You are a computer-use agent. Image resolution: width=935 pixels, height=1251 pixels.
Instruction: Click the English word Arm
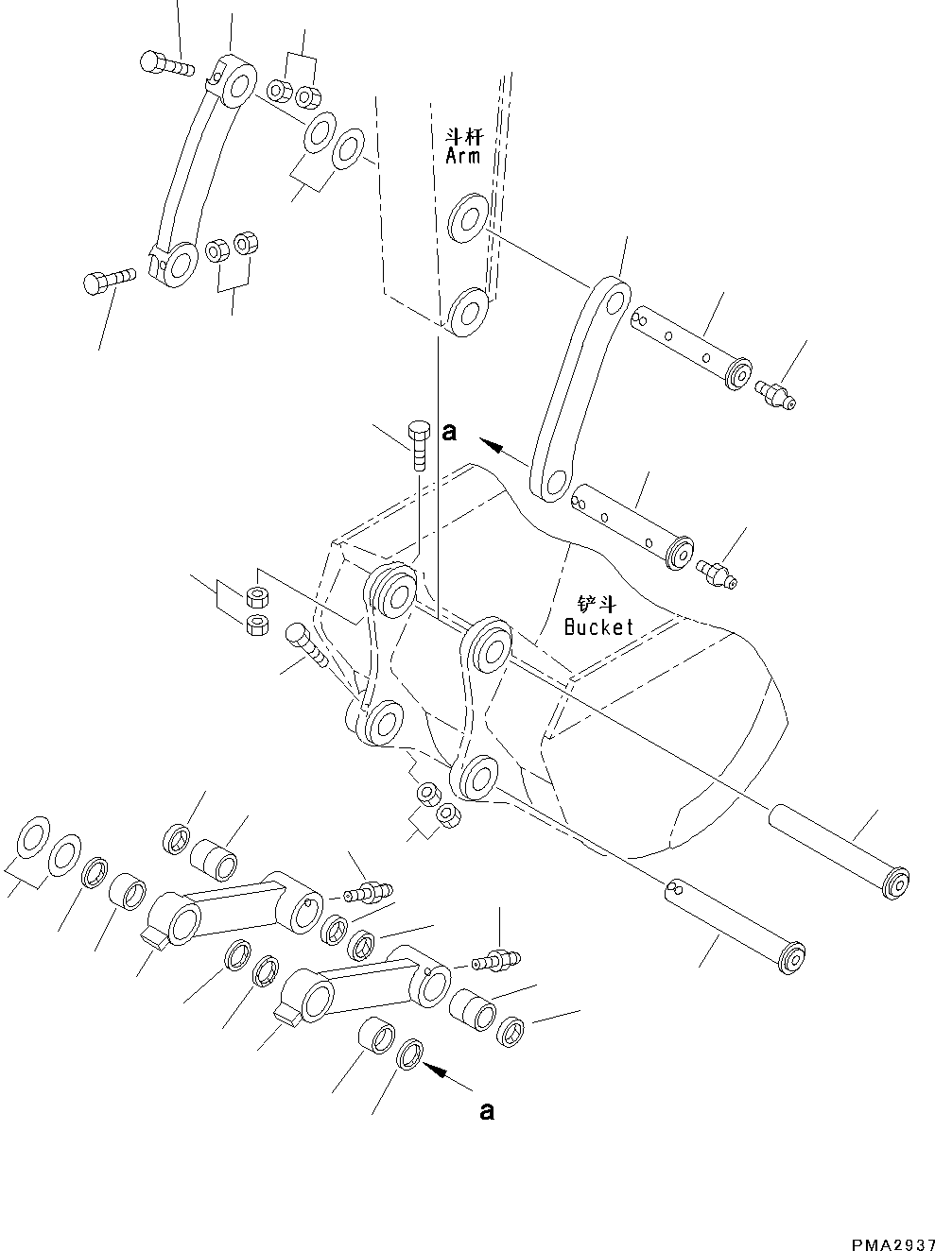[462, 156]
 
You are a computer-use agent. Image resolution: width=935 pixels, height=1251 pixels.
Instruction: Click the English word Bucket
[598, 626]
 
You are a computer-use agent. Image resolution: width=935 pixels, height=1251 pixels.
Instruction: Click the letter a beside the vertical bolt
[450, 433]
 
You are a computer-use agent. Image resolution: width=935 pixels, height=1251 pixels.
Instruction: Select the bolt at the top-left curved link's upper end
[164, 62]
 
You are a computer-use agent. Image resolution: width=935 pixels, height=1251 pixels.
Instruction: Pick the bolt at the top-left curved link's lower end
[109, 280]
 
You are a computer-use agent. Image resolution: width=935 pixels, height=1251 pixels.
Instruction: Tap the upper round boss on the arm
[468, 215]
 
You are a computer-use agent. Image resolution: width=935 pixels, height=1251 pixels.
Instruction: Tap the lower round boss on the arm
[467, 311]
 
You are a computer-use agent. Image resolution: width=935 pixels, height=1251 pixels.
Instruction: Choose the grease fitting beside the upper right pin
[775, 393]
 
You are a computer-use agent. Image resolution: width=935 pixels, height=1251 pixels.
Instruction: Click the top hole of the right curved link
[615, 302]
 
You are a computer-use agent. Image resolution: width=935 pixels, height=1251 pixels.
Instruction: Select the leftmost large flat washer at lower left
[32, 835]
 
